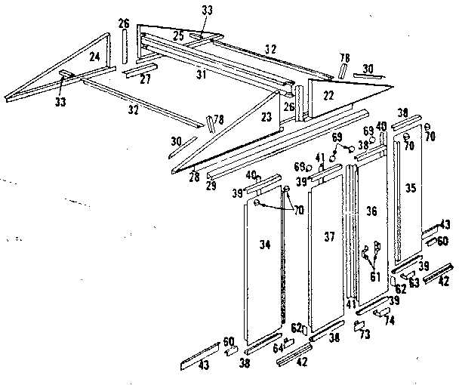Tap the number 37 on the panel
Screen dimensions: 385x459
[x=330, y=237]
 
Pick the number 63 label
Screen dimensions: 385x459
[x=414, y=283]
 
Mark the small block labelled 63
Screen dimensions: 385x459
[x=405, y=275]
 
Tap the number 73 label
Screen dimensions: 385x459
[x=364, y=334]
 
